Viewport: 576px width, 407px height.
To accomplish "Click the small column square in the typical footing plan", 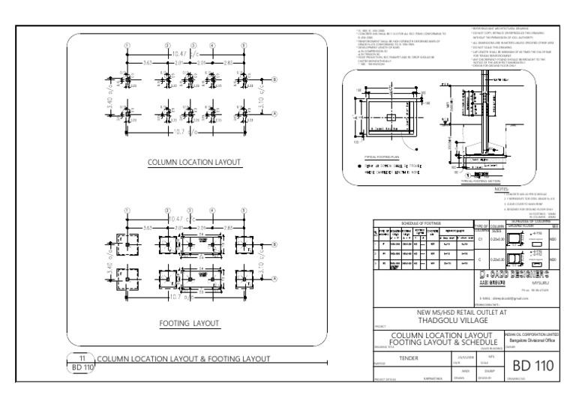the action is coord(391,117).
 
